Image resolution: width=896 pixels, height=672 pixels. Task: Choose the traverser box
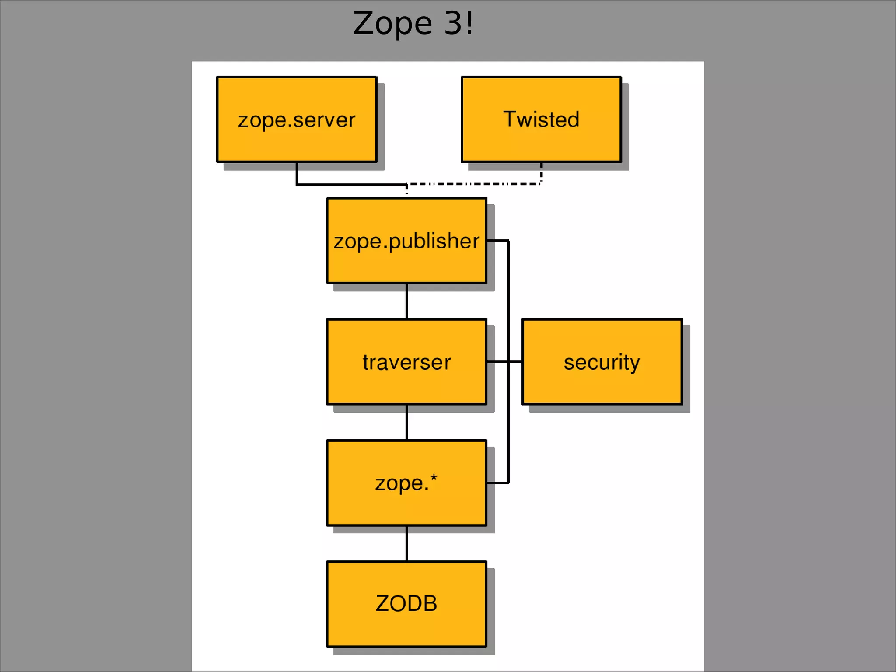coord(406,381)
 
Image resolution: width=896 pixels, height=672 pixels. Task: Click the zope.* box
coord(406,503)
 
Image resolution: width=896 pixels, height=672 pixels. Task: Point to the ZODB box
coord(406,626)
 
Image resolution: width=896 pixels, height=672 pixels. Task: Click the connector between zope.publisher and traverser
coord(406,301)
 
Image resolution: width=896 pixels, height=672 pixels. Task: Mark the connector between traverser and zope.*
coord(406,422)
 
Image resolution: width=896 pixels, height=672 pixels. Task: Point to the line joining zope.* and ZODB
coord(406,543)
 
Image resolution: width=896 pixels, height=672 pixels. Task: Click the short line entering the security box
coord(515,362)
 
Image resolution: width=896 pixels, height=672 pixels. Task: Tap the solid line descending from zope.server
coord(297,174)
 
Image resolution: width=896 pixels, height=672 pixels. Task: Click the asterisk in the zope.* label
coord(434,478)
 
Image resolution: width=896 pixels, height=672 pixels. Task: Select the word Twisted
coord(541,119)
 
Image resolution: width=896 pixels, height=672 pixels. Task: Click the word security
coord(602,362)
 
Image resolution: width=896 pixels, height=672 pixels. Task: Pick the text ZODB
coord(406,604)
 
